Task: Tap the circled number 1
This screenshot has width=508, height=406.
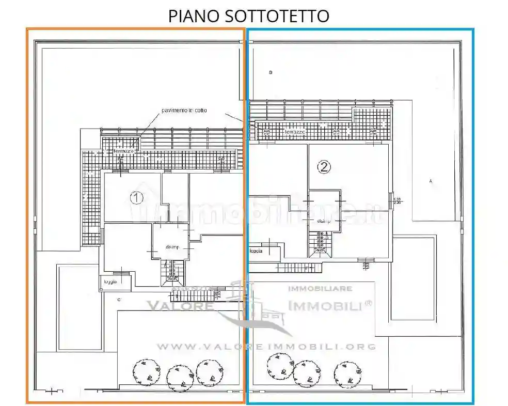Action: click(136, 197)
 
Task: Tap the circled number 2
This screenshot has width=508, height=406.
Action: click(324, 167)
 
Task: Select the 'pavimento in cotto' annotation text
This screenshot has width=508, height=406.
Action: click(184, 111)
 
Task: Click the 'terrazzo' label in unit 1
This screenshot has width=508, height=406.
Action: click(123, 151)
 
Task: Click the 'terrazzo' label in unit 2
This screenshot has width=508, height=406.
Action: click(294, 132)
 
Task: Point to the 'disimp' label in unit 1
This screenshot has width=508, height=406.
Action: click(172, 247)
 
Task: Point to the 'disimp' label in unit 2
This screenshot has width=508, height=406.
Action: click(324, 221)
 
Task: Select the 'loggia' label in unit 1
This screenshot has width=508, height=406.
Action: click(110, 282)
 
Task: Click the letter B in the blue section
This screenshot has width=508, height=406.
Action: click(271, 72)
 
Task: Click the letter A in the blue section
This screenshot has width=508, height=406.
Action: click(430, 181)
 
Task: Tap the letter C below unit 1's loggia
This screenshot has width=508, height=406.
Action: click(119, 299)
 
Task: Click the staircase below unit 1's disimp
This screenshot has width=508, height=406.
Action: click(172, 272)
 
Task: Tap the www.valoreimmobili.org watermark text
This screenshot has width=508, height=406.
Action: click(266, 347)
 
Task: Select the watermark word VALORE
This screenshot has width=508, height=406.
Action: click(181, 305)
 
